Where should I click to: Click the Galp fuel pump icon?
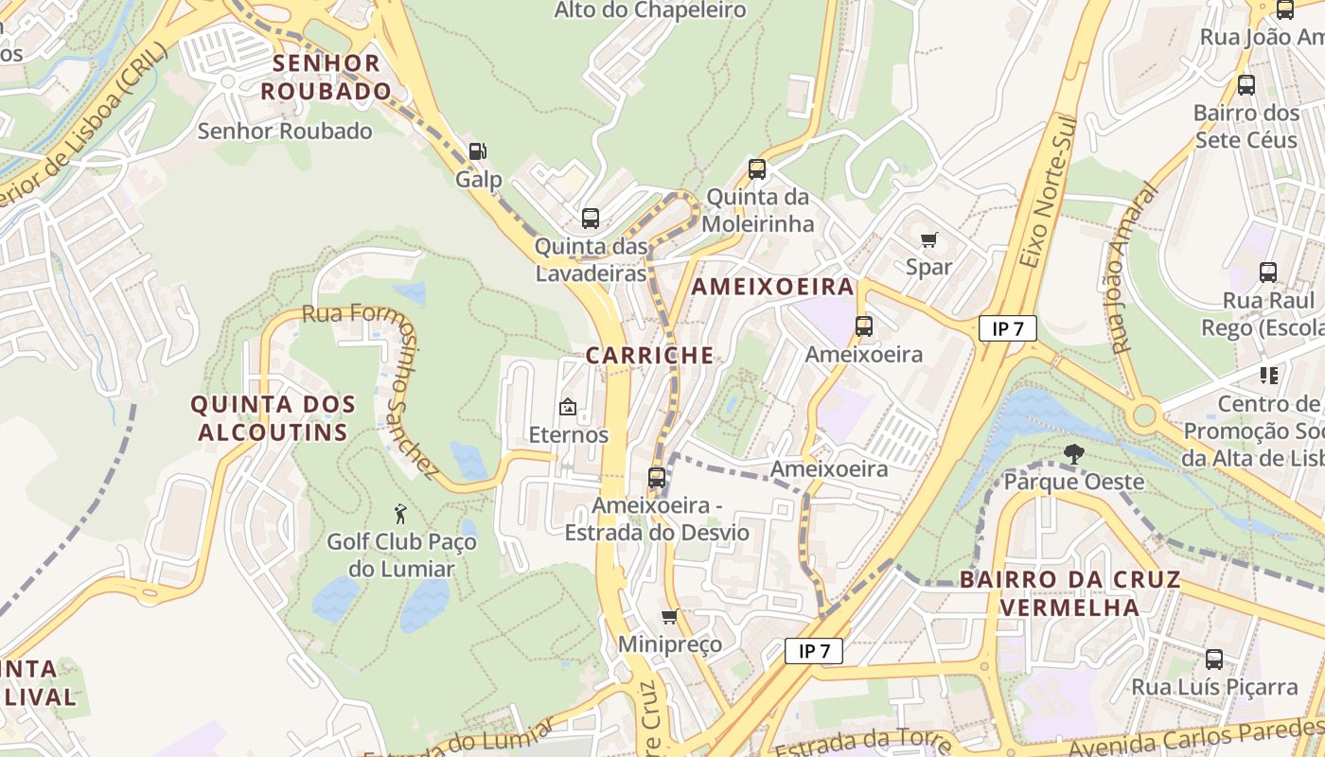click(478, 150)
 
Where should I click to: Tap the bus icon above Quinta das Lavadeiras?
click(591, 219)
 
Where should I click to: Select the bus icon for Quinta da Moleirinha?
click(757, 169)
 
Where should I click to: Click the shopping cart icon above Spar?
click(928, 239)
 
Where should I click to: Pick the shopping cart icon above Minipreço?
click(669, 617)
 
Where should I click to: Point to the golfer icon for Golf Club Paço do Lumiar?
click(400, 514)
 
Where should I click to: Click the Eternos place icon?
click(568, 408)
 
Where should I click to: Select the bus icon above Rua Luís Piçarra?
click(1214, 659)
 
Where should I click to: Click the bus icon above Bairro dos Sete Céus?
click(1246, 85)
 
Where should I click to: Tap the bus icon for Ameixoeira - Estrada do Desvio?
click(657, 478)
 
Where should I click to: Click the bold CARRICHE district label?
click(649, 356)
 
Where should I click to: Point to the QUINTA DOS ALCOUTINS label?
click(273, 418)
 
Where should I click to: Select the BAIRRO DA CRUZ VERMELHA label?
click(1069, 593)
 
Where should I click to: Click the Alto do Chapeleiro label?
click(650, 10)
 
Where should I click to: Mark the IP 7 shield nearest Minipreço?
click(813, 651)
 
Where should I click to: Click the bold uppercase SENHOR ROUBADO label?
click(326, 78)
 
